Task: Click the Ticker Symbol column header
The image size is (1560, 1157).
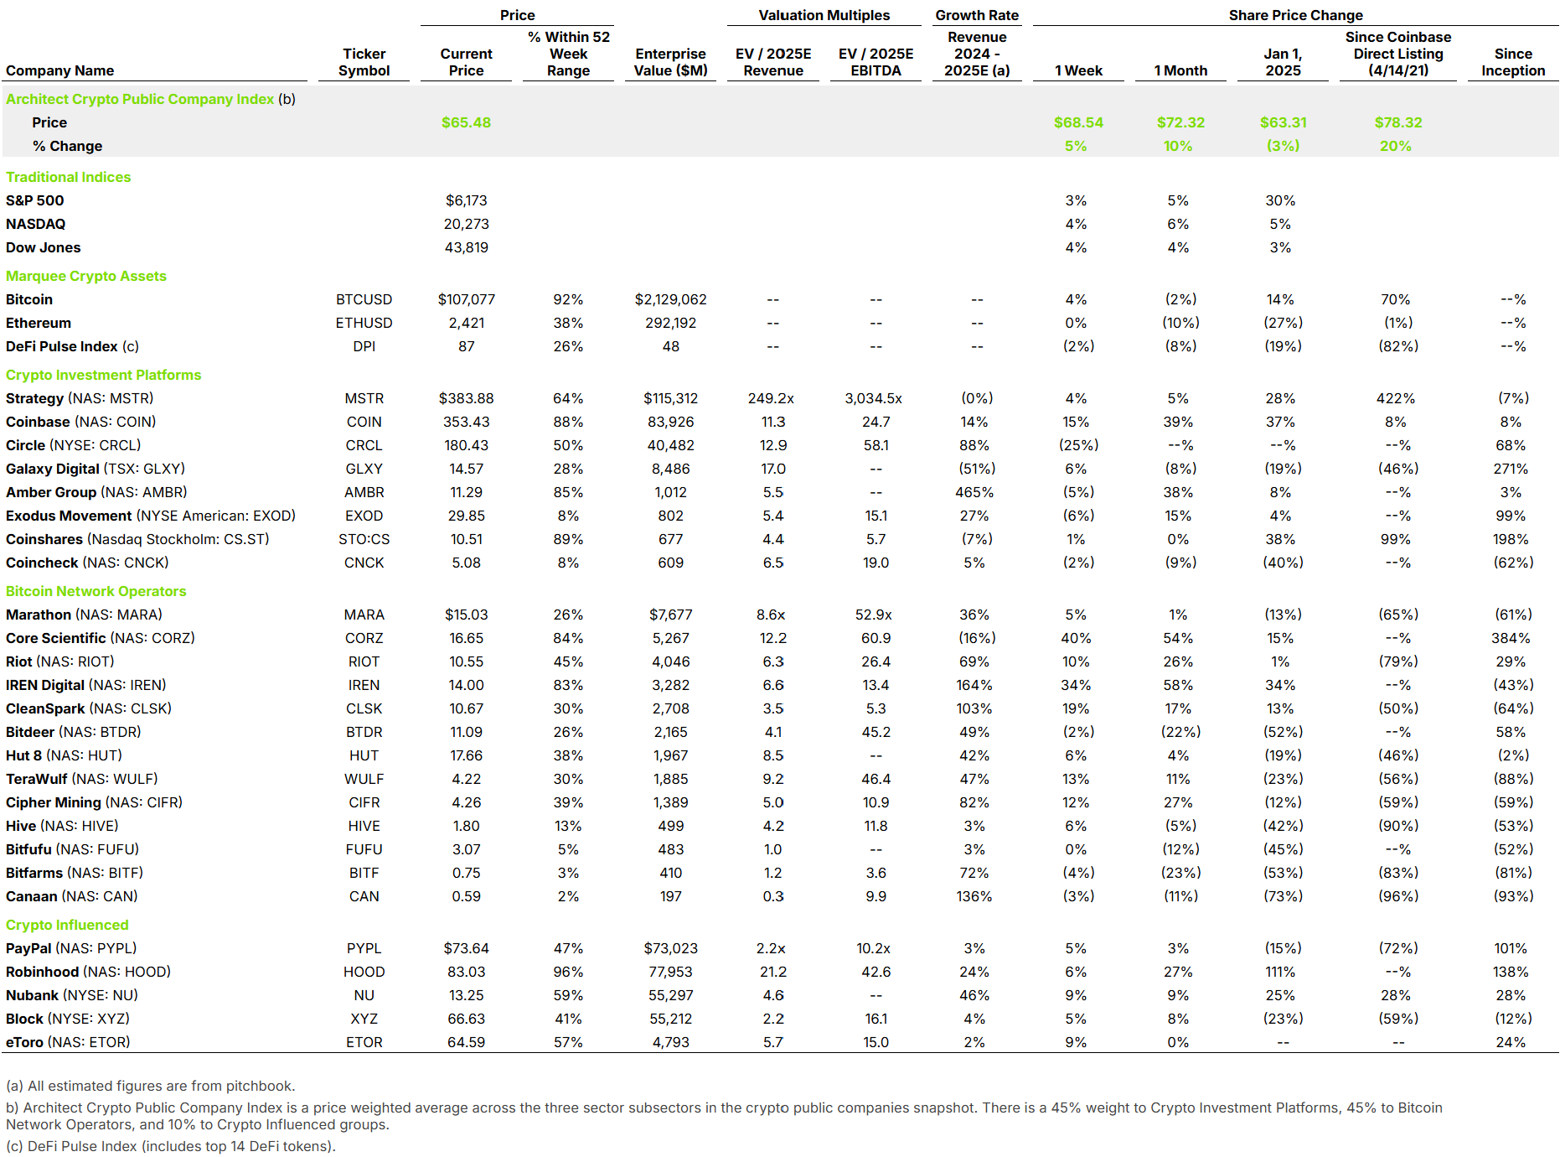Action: tap(364, 62)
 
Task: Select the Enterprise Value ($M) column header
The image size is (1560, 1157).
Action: tap(670, 62)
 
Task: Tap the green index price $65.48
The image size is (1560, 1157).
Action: tap(466, 122)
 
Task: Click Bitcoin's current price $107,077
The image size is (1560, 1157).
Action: tap(466, 299)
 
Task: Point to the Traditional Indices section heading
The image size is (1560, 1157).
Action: tap(69, 177)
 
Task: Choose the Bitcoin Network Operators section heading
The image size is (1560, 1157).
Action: tap(96, 591)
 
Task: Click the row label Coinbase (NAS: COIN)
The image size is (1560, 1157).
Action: tap(81, 422)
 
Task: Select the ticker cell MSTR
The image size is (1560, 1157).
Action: tap(364, 398)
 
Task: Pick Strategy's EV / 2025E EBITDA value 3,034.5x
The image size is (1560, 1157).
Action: tap(874, 398)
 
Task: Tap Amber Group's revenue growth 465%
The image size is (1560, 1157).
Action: tap(974, 492)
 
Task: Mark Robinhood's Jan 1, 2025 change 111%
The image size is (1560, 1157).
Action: tap(1280, 972)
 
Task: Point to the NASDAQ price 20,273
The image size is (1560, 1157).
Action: tap(466, 224)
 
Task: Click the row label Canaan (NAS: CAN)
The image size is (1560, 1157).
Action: tap(72, 896)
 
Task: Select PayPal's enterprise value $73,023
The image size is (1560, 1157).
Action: tap(670, 948)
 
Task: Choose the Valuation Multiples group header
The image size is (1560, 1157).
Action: tap(824, 15)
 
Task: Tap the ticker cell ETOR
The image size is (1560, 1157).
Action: tap(364, 1042)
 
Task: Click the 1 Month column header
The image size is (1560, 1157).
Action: tap(1180, 70)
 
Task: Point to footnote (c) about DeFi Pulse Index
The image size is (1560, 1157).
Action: tap(171, 1146)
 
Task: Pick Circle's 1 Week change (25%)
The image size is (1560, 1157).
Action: tap(1078, 445)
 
